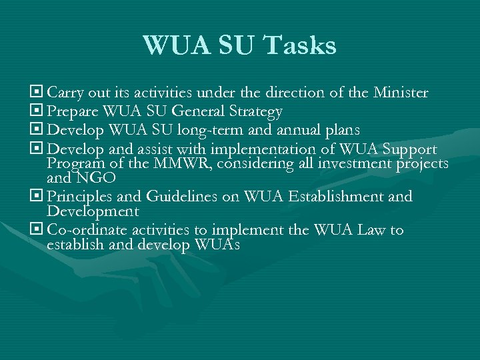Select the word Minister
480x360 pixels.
[400, 92]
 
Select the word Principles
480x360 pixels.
[80, 197]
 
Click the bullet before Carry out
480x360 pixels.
[37, 91]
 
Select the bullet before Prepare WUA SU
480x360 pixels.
[37, 111]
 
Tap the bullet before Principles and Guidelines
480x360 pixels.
[37, 196]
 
